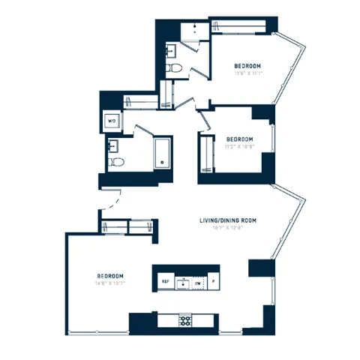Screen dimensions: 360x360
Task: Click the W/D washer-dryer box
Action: click(x=112, y=120)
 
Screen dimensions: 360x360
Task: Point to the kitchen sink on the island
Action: click(x=181, y=282)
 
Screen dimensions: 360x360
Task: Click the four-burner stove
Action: click(x=184, y=321)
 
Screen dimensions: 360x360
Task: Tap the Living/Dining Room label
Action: click(x=228, y=220)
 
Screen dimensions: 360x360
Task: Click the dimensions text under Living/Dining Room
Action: click(x=228, y=228)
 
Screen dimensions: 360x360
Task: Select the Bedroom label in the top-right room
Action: click(x=248, y=66)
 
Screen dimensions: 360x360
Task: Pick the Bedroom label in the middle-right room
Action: click(x=239, y=139)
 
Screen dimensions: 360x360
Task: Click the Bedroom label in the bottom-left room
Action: click(x=110, y=277)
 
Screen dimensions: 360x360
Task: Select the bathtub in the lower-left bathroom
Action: click(x=162, y=152)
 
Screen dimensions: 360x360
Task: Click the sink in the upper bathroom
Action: click(x=170, y=51)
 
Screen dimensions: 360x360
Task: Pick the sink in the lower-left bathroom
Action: click(x=115, y=144)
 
